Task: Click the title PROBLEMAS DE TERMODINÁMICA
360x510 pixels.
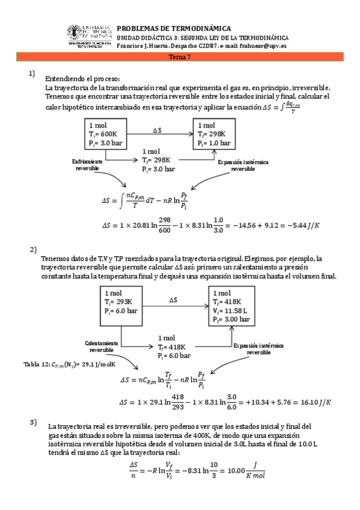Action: [x=173, y=28]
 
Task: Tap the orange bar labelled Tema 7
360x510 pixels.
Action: [x=180, y=57]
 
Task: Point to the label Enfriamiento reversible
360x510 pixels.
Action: [x=87, y=165]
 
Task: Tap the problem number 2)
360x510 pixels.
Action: [x=34, y=249]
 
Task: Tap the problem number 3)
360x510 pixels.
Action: [x=34, y=422]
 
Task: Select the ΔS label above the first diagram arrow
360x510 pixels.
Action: [x=157, y=131]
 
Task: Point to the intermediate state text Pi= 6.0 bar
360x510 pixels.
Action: [x=178, y=357]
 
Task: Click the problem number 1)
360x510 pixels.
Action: [x=34, y=75]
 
